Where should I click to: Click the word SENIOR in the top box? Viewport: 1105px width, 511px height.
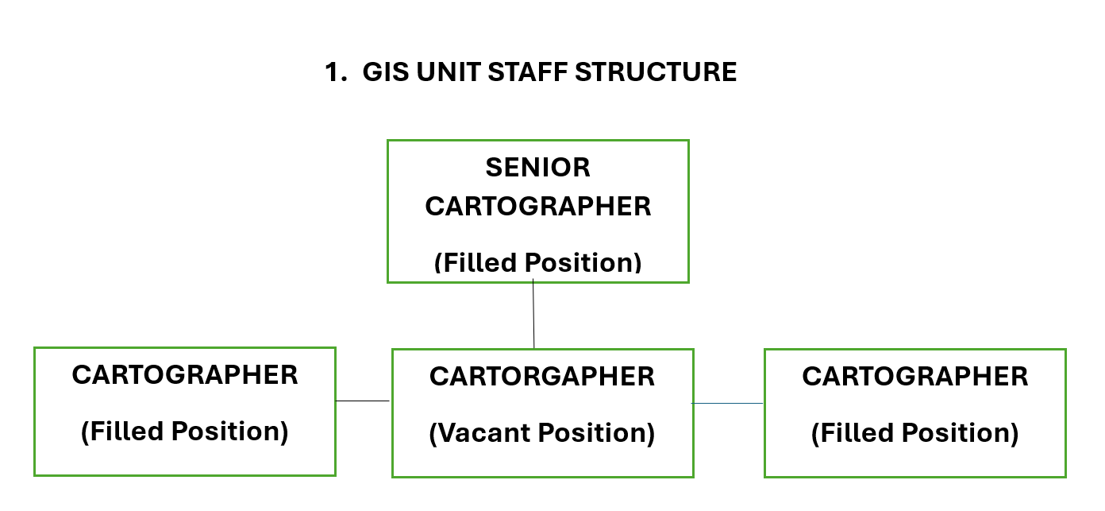tap(537, 168)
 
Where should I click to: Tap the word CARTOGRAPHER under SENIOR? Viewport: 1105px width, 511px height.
tap(537, 207)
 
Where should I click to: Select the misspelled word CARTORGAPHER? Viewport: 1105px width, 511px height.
tap(542, 377)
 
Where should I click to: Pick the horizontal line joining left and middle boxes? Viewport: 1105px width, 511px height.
tap(363, 401)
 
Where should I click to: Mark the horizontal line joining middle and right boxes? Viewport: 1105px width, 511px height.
tap(728, 404)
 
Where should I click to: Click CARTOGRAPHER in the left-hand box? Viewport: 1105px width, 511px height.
tap(185, 375)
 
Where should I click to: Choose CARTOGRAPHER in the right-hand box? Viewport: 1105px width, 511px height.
tap(914, 377)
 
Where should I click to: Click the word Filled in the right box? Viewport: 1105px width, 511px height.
tap(853, 433)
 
